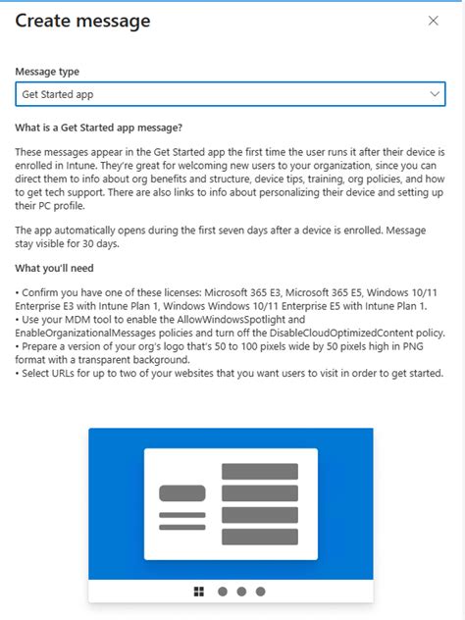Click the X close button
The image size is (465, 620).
(434, 21)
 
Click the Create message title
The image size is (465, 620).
(82, 21)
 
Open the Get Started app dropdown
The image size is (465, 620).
(231, 94)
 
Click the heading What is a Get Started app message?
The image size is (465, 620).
(98, 128)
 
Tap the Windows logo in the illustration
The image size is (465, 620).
(199, 592)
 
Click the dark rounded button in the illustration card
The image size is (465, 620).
(182, 492)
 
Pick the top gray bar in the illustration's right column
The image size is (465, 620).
(260, 472)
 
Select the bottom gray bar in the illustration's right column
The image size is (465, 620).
(260, 537)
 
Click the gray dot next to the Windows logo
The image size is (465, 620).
(223, 592)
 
